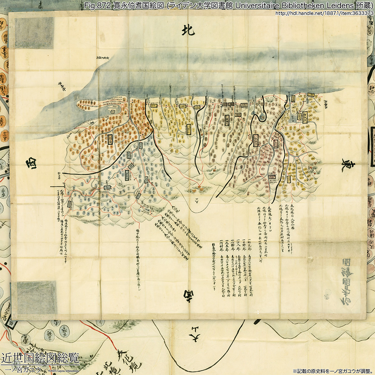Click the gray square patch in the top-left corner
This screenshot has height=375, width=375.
34,33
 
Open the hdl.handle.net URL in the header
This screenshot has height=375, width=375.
324,13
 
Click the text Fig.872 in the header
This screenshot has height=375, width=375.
96,5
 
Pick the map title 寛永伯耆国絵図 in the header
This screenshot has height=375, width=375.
133,5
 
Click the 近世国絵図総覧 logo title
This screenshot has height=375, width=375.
40,357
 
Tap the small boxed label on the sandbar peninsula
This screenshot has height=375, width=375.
113,111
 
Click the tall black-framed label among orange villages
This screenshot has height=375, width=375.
110,138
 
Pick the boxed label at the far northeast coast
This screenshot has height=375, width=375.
311,95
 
